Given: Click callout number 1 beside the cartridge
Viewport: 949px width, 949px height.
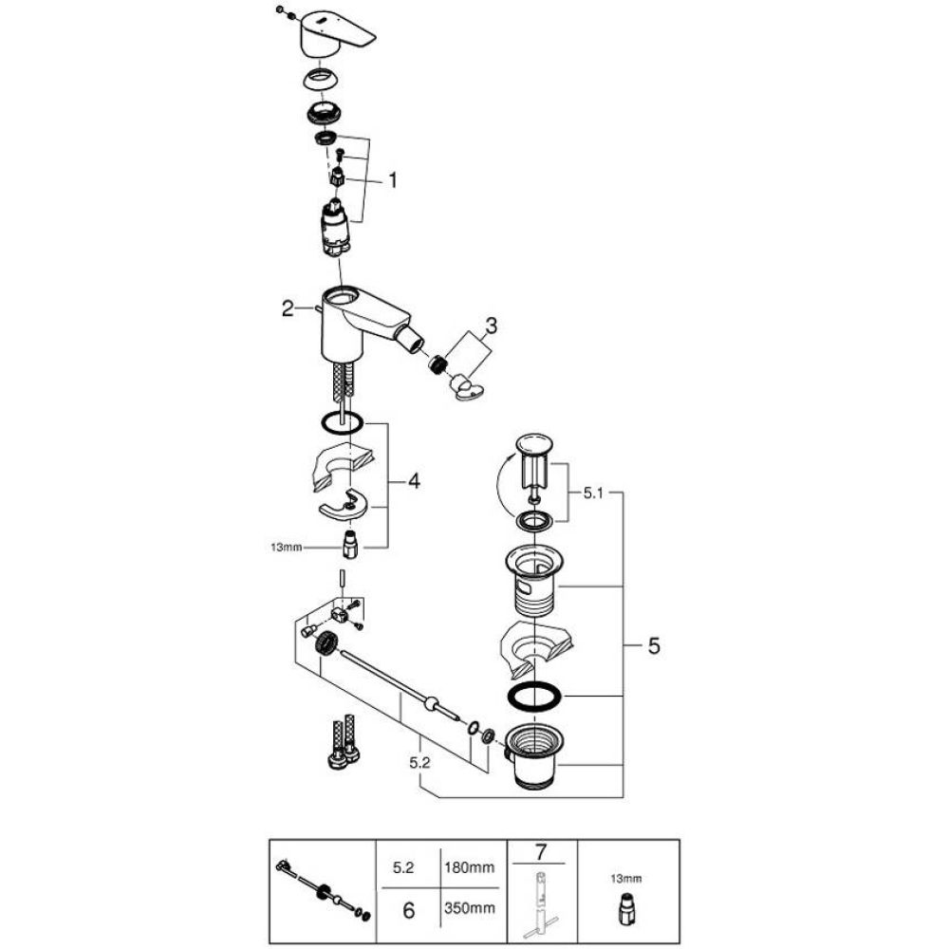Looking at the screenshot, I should (393, 179).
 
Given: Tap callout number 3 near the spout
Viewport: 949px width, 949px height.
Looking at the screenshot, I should (490, 326).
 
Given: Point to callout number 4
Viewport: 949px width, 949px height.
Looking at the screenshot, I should (414, 482).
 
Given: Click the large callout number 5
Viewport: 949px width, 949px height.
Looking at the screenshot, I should (653, 646).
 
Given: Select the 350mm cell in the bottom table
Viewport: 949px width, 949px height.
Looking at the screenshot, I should (468, 909).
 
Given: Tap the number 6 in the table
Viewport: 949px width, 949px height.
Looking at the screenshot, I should (409, 909).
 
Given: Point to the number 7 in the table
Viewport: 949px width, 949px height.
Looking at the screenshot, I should (542, 850).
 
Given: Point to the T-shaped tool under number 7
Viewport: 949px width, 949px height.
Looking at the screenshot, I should (542, 906).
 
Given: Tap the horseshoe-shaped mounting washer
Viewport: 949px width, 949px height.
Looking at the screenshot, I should (345, 509).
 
